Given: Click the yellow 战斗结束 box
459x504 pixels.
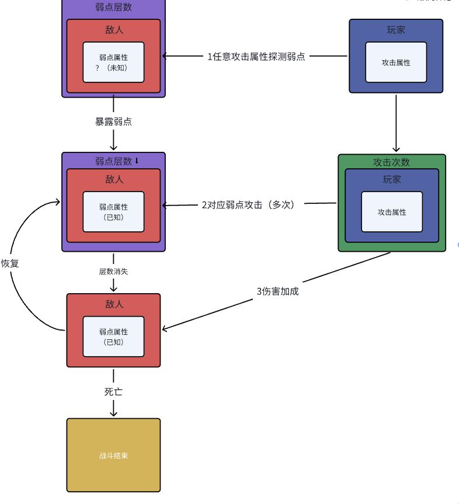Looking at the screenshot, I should point(113,455).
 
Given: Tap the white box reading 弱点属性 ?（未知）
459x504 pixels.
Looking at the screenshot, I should point(113,62).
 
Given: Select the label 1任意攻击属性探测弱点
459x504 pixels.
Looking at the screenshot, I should point(256,57).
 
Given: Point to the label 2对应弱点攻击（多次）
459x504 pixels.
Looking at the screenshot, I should point(248,205).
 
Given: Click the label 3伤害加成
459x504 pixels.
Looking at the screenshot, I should point(277,291).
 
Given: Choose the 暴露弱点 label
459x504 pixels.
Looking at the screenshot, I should point(113,121).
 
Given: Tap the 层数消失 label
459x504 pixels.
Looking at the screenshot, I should point(113,271).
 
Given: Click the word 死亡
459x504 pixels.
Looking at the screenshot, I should point(113,392).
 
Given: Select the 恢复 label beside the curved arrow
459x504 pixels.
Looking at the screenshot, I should point(10,263).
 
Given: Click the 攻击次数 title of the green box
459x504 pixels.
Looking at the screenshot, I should point(391,162).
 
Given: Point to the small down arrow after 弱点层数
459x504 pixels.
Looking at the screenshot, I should point(137,161).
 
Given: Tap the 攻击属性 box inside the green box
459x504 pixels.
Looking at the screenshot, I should point(391,212).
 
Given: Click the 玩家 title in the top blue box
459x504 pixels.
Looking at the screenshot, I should point(395,30).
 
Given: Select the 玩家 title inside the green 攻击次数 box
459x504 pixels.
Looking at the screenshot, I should point(391,179).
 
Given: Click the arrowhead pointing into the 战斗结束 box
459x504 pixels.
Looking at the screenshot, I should point(113,413).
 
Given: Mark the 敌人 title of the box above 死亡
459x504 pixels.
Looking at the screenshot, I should point(113,304).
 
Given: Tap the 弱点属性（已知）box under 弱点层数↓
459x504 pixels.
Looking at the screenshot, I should point(113,211).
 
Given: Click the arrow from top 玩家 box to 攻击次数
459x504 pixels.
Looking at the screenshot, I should point(396,123).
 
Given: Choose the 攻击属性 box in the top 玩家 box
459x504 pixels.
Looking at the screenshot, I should point(395,62).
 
